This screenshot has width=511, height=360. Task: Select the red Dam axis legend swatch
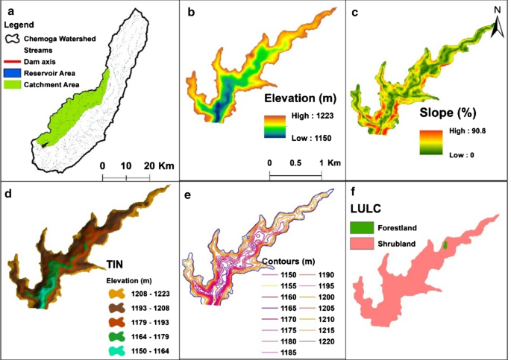pyautogui.click(x=13, y=61)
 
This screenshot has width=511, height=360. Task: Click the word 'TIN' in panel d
pyautogui.click(x=116, y=262)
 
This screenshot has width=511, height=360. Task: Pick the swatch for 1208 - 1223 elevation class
pyautogui.click(x=114, y=294)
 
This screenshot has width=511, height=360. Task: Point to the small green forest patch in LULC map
pyautogui.click(x=445, y=244)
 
